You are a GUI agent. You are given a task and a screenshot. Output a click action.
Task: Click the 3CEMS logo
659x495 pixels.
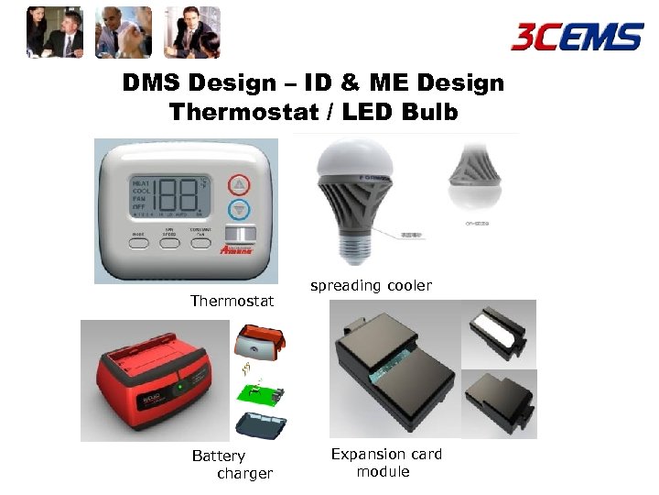click(577, 37)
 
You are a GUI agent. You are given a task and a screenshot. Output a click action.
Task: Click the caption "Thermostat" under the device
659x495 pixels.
click(232, 301)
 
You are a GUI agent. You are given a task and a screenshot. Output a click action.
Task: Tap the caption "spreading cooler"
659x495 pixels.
click(371, 286)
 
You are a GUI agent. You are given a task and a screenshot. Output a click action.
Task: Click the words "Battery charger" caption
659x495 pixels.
click(232, 465)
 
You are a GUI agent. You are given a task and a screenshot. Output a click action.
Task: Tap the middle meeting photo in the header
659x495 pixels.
click(123, 31)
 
